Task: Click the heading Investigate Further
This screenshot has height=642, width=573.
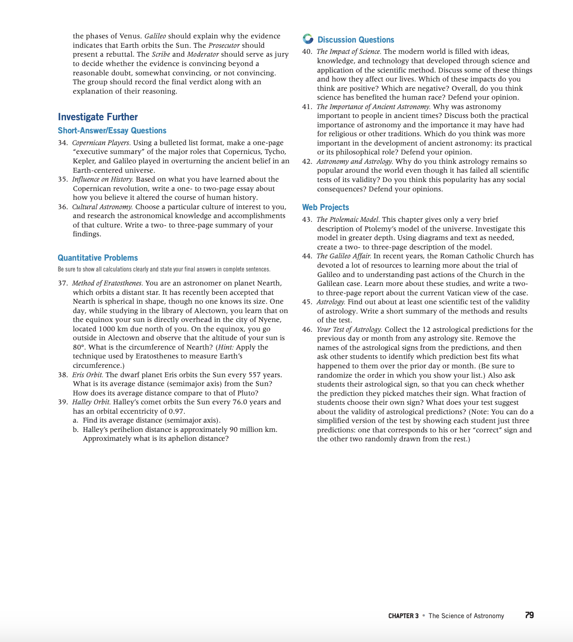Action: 98,117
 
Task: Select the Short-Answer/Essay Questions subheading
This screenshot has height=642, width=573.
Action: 112,131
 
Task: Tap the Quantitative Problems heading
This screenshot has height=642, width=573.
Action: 98,258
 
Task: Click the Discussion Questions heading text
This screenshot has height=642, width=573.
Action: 355,40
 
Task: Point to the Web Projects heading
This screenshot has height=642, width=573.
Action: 326,207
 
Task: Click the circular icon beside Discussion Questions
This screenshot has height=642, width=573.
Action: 308,39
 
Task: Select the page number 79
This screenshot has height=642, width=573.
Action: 529,615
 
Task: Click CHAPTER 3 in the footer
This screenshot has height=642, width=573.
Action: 403,616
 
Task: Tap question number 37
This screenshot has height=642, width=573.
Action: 63,283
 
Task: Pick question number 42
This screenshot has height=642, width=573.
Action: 307,161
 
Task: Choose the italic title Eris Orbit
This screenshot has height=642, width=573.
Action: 87,375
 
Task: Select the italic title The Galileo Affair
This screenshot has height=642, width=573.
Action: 344,256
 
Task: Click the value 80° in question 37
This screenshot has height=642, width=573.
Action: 79,347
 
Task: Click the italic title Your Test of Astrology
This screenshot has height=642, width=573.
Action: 349,329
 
